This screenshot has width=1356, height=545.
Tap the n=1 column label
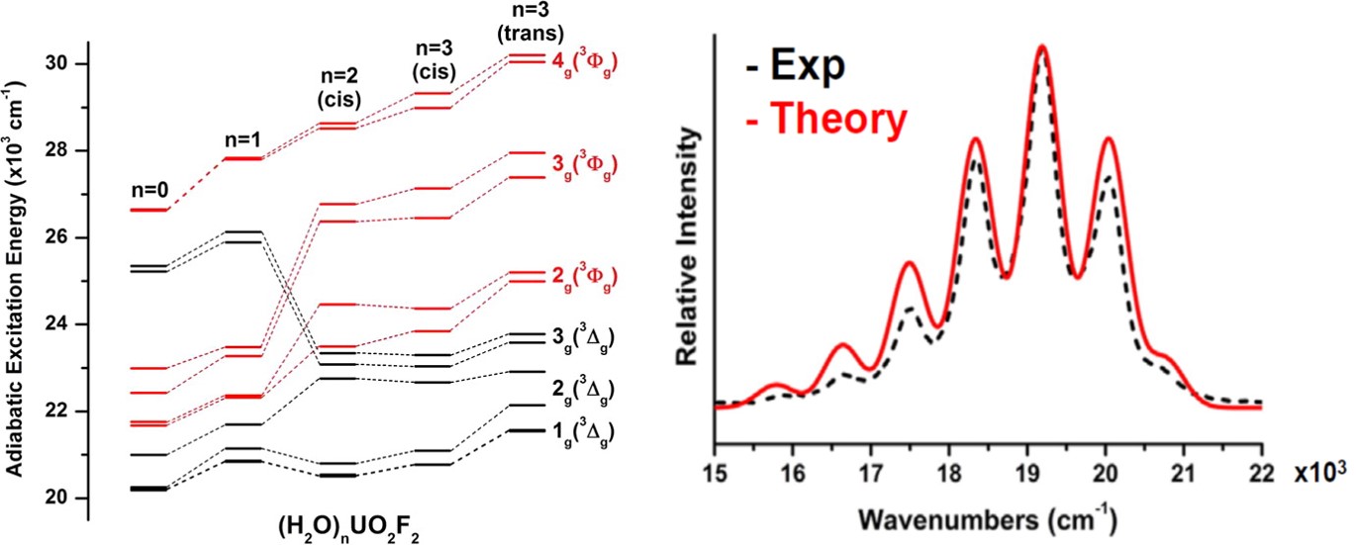(242, 139)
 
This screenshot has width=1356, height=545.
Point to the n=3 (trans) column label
(533, 21)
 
